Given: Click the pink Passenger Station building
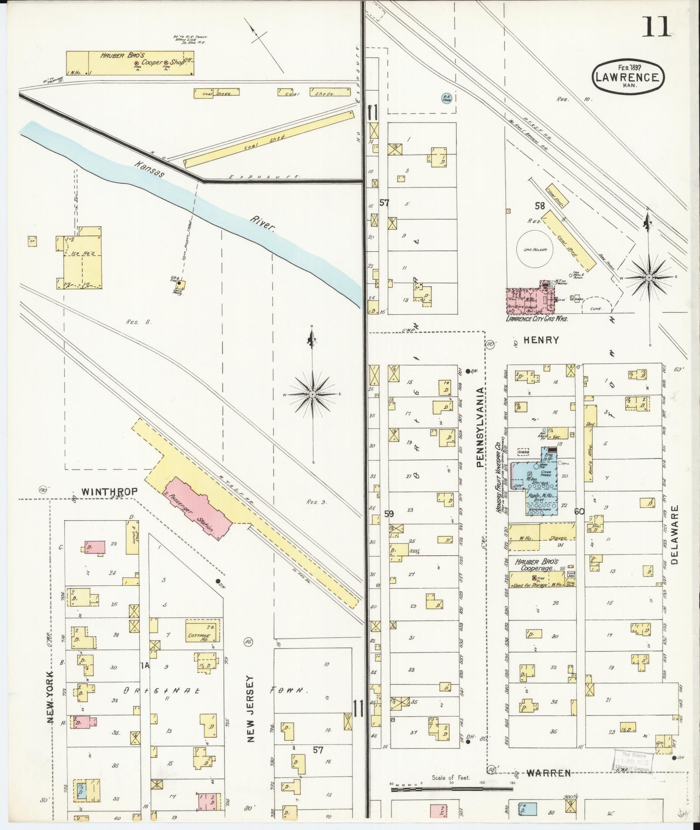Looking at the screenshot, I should click(197, 508).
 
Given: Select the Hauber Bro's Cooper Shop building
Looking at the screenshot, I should click(130, 63).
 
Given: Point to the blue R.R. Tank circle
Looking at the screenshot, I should click(446, 99).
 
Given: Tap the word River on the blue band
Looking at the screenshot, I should click(263, 223).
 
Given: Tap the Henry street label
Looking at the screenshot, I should click(541, 340).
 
